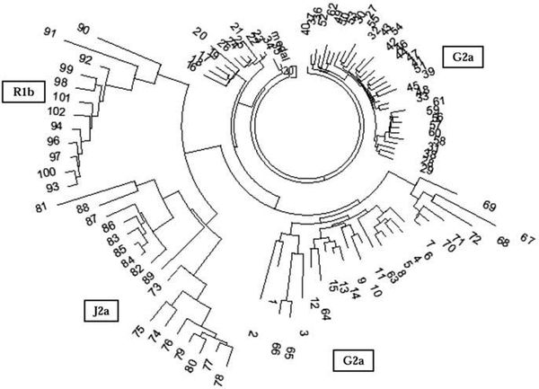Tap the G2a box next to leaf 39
[467, 58]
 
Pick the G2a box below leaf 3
[354, 362]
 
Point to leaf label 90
[84, 30]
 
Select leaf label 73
[155, 287]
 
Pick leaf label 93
[53, 186]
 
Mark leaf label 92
[87, 60]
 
